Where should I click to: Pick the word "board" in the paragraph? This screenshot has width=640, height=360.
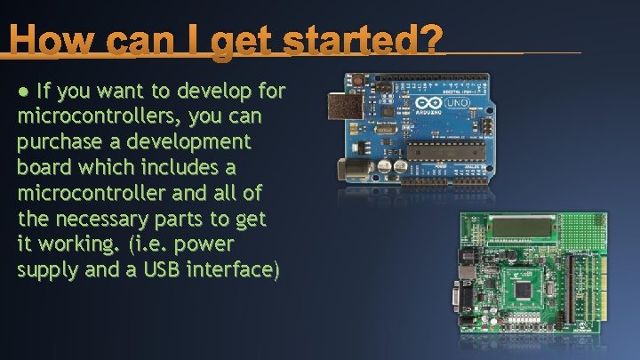pos(44,167)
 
